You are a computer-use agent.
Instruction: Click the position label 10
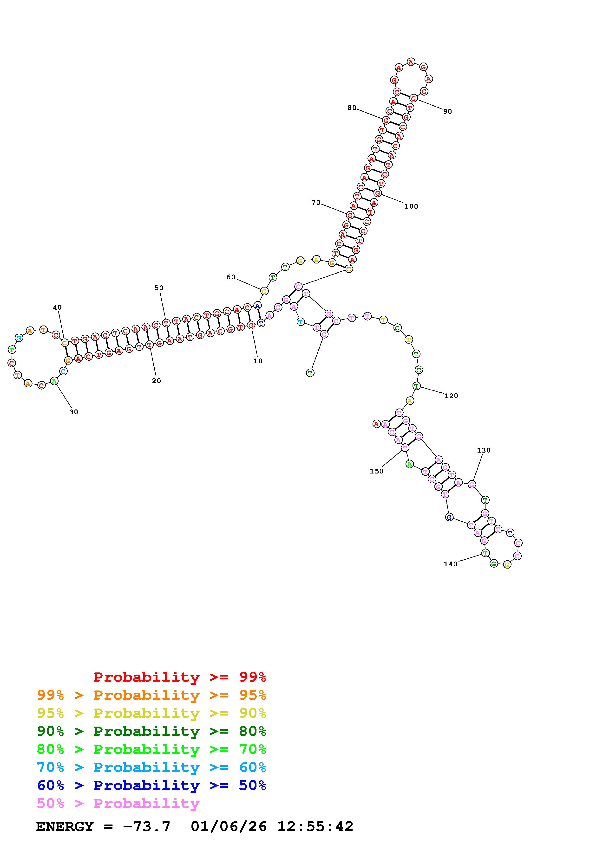(258, 361)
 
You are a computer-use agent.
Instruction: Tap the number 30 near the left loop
(73, 412)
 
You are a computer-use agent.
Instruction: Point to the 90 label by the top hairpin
(447, 111)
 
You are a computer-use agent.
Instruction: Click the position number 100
(411, 206)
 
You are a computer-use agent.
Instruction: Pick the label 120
(451, 396)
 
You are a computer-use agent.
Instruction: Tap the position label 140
(450, 564)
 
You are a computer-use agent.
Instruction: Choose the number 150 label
(376, 471)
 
